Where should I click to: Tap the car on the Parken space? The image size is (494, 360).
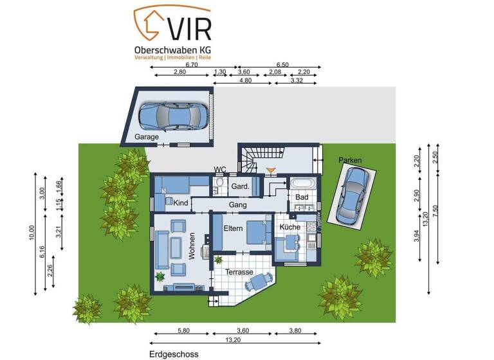(x=351, y=194)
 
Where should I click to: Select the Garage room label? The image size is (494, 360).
(x=147, y=137)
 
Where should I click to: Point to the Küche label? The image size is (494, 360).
(x=290, y=228)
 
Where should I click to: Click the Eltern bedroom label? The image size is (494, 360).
(x=233, y=228)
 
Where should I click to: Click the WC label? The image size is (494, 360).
(x=220, y=170)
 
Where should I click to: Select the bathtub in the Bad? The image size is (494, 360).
(x=302, y=183)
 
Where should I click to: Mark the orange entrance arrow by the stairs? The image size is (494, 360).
(x=271, y=171)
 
